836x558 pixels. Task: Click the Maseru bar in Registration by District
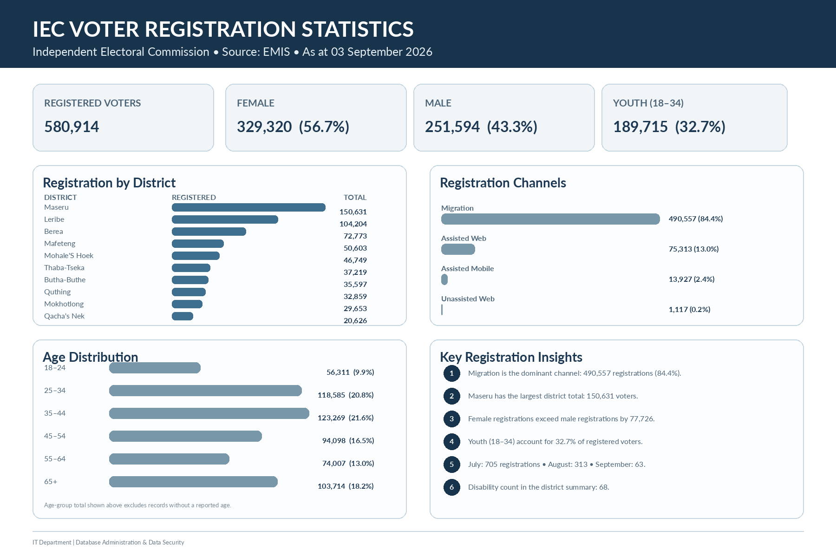248,207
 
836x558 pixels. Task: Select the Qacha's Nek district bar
183,316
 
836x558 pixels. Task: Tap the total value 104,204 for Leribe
353,224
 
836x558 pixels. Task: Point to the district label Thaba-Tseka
64,268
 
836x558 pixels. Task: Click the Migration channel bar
550,219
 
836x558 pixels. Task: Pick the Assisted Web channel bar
458,249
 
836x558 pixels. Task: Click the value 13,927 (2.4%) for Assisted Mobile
692,279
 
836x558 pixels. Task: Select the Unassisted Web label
468,299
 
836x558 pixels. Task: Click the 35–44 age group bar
209,413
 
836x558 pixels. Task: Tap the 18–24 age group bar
155,368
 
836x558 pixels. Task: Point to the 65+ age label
51,482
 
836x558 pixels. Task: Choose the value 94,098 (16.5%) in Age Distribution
348,440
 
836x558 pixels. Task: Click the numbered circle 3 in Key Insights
451,419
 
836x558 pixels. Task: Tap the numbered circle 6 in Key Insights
451,487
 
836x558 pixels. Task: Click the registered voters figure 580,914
72,126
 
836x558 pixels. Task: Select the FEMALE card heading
255,103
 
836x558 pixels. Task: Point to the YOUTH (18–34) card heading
648,103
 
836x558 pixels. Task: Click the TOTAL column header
355,197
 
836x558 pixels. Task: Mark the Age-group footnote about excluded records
137,505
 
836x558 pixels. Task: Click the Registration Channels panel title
503,183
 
